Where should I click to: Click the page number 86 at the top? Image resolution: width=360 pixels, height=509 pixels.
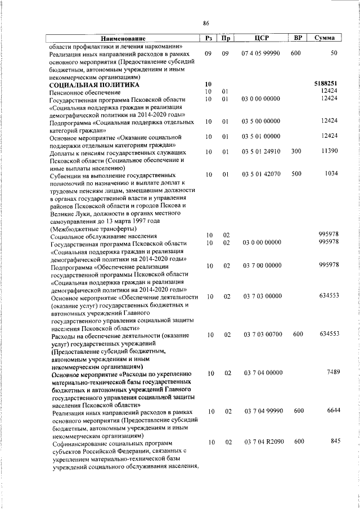click(206, 22)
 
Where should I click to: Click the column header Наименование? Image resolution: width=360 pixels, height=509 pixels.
click(123, 38)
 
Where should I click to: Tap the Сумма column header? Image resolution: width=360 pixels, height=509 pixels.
click(325, 38)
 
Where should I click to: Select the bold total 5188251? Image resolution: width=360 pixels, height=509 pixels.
click(326, 83)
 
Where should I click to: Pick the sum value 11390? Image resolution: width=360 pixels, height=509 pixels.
click(328, 152)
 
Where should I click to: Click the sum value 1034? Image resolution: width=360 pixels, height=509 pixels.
click(330, 174)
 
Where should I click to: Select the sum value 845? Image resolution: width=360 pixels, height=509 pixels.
click(335, 441)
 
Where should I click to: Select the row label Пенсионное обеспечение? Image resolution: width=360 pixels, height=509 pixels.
click(85, 92)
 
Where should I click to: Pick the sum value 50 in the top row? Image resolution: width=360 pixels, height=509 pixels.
click(334, 53)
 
